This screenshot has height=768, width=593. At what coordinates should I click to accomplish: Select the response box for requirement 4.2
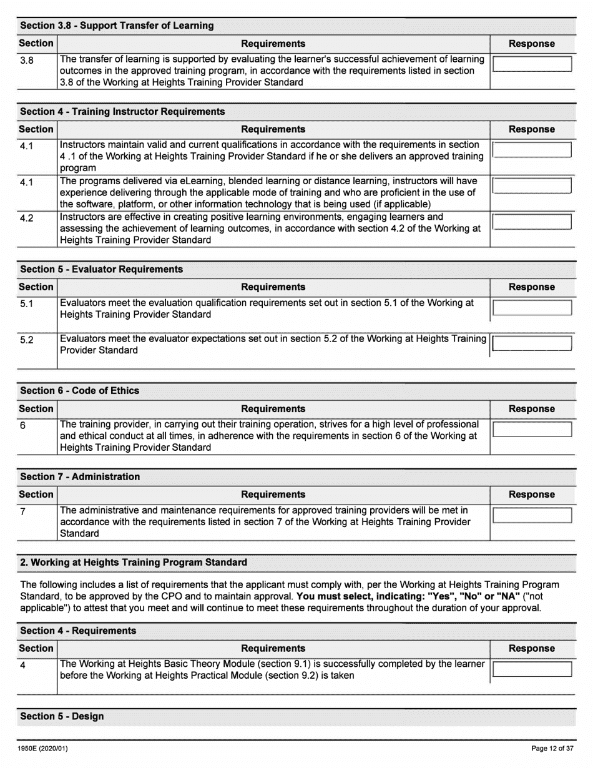point(532,222)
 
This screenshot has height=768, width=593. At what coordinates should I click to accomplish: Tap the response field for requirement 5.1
point(532,307)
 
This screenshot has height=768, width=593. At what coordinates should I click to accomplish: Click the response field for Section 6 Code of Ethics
point(532,429)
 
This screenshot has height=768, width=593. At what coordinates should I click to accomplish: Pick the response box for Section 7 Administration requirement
point(532,515)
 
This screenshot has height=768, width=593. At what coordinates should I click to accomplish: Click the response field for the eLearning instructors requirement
point(532,185)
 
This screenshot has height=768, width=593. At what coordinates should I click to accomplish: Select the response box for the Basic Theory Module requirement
point(532,669)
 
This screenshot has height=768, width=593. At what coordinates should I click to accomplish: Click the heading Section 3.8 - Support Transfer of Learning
point(117,26)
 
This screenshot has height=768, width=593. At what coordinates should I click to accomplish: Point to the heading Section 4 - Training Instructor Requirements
point(122,111)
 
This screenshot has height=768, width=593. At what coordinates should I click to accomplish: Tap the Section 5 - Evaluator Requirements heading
point(102,269)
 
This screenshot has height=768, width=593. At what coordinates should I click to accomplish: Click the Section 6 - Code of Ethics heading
point(80,390)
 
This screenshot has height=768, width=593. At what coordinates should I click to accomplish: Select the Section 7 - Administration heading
point(80,476)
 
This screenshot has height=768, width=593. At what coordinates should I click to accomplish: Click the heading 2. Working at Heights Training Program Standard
point(134,562)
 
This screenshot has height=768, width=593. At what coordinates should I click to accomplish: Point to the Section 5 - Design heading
point(62,716)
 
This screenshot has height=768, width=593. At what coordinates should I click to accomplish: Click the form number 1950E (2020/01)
point(40,748)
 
